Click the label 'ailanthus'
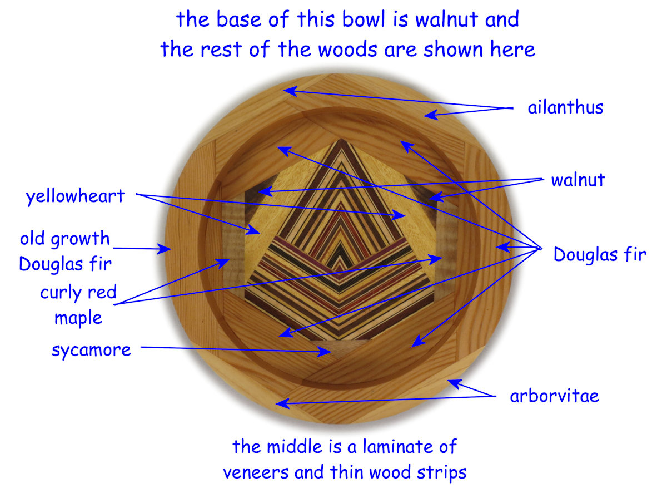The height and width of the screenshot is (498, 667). pos(565,107)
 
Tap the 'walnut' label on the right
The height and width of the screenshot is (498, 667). pos(578,180)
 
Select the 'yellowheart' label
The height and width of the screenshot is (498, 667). pos(75,196)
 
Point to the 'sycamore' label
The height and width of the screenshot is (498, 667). pos(91,350)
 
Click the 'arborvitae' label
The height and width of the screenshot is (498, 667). pos(554,396)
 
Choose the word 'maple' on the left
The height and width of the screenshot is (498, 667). pos(78,318)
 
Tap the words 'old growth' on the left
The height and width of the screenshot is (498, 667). pos(65,239)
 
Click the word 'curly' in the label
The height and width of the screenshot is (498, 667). pos(59,293)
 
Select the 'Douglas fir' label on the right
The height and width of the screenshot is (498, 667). pos(599,254)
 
